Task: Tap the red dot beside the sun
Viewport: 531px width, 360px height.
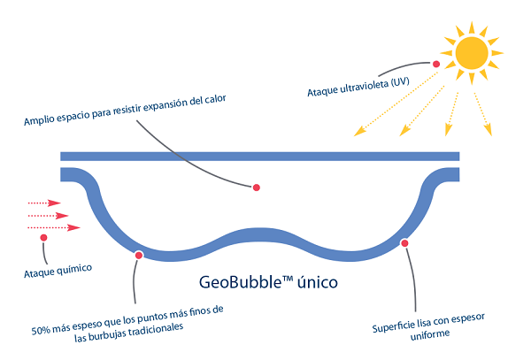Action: pos(435,64)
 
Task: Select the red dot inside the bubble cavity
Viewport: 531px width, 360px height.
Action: pos(257,188)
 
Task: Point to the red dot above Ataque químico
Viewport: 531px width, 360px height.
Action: pos(42,237)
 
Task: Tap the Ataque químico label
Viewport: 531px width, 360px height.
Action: pos(58,268)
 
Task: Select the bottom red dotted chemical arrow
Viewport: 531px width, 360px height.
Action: pos(53,227)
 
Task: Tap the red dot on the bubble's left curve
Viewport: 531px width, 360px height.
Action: pos(139,255)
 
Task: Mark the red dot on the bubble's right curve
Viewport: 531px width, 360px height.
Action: pos(404,242)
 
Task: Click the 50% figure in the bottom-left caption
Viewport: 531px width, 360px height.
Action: pos(42,332)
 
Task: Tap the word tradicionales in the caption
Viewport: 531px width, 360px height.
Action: pos(155,327)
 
